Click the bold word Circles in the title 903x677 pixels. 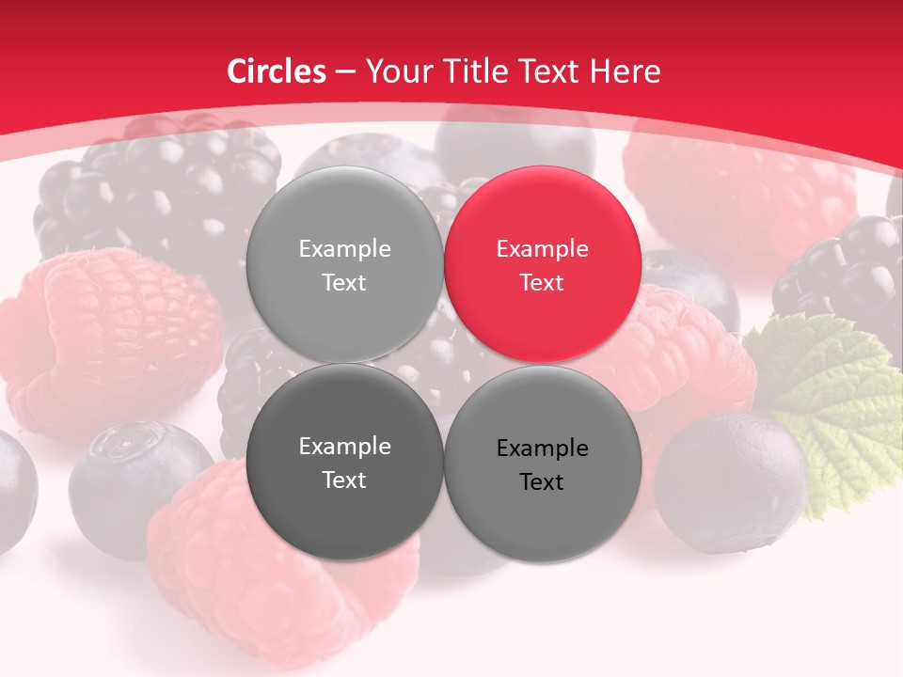click(277, 71)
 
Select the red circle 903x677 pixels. click(543, 264)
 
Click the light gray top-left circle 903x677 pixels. click(344, 264)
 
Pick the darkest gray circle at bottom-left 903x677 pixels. click(344, 462)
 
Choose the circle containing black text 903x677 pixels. click(543, 464)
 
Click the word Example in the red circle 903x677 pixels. click(542, 249)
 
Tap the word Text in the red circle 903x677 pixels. click(542, 282)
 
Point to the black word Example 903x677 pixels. click(542, 449)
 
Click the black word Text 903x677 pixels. click(542, 481)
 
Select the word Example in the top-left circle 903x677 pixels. click(344, 249)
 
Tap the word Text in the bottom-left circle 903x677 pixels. click(344, 480)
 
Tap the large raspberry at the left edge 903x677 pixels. click(103, 338)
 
